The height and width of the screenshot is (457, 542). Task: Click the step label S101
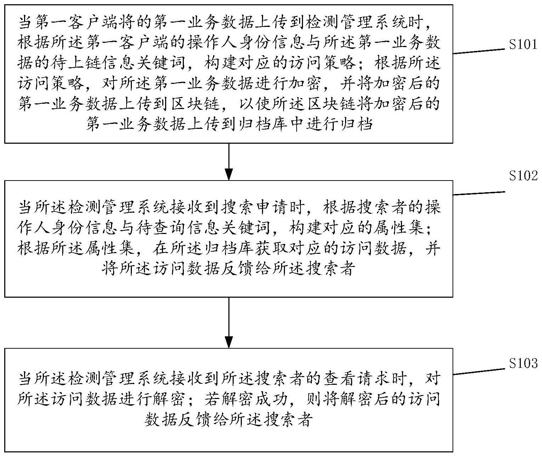point(523,45)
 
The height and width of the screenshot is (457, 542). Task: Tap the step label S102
point(523,176)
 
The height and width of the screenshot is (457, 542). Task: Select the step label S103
point(523,363)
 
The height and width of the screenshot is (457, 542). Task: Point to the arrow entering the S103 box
point(229,322)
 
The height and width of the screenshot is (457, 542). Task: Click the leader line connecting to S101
point(479,51)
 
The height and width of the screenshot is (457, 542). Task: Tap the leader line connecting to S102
point(479,193)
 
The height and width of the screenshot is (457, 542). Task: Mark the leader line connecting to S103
point(479,371)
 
